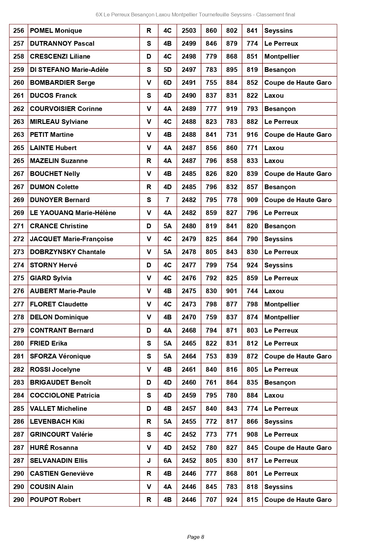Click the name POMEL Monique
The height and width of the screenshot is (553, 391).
point(56,31)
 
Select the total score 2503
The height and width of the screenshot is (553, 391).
point(189,31)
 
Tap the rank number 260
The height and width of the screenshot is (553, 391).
point(19,83)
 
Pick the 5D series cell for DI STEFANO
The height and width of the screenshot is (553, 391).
point(167,70)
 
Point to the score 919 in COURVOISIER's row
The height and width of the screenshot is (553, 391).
point(232,109)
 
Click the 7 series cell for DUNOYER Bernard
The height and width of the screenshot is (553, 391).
point(167,200)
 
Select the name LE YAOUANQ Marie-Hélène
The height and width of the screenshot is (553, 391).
point(73,213)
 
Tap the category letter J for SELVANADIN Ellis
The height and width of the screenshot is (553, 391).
point(149,461)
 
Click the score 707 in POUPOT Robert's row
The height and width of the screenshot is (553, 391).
point(211,500)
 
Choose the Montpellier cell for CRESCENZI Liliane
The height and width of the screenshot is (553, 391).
point(282,56)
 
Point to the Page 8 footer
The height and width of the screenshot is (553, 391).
point(195,537)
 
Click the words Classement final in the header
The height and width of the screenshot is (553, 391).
point(276,15)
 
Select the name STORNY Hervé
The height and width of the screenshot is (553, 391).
point(54,265)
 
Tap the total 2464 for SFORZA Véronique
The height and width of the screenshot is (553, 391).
point(189,356)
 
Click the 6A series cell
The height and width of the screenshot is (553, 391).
point(167,461)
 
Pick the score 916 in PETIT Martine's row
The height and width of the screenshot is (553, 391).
point(252,135)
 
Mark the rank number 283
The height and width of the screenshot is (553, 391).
point(19,382)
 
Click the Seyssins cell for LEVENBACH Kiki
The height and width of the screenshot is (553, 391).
point(279,422)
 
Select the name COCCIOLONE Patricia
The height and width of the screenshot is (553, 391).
point(65,395)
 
